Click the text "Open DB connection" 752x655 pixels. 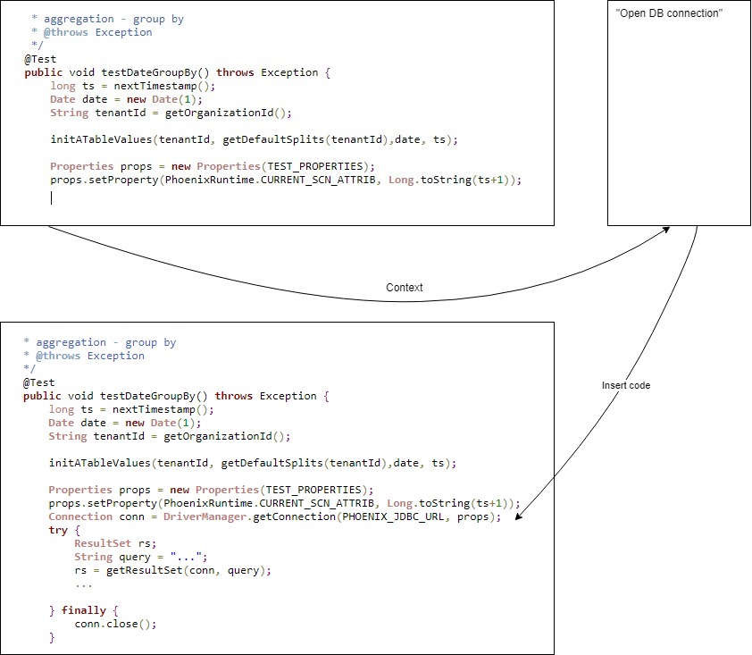(668, 13)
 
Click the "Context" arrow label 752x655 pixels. (404, 288)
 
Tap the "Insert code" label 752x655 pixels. (626, 385)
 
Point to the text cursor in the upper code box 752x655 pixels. (52, 197)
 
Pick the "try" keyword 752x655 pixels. (58, 531)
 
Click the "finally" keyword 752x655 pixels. (83, 611)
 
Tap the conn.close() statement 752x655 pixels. (115, 625)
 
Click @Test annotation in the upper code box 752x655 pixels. (40, 59)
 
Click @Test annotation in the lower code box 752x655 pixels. (38, 382)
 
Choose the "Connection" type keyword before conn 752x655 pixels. (80, 517)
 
